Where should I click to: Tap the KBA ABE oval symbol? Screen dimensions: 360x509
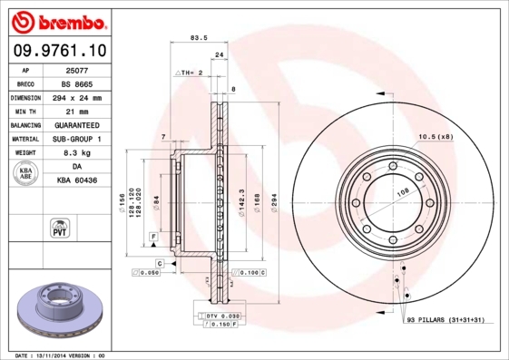[x=26, y=174]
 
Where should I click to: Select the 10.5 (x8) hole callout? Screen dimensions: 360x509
[x=434, y=137]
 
